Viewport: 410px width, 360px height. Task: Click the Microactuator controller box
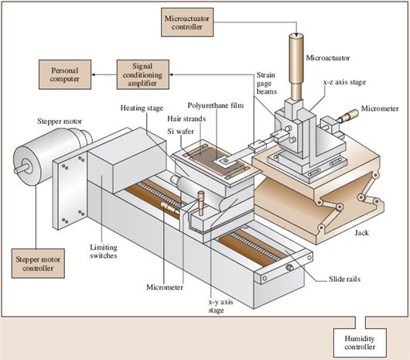(187, 22)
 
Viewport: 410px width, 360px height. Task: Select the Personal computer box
(65, 74)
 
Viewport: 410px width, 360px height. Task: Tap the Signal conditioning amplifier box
(143, 74)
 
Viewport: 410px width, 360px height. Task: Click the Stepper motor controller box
(38, 263)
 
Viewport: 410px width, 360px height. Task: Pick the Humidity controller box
(360, 343)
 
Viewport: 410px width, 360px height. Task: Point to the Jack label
(361, 232)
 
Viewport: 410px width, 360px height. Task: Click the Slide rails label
(344, 279)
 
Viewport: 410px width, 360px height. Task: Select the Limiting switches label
(104, 252)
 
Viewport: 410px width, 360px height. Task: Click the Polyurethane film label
(216, 105)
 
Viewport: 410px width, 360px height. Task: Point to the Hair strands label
(186, 118)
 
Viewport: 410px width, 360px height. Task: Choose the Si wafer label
(181, 132)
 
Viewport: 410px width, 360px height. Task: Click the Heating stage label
(142, 108)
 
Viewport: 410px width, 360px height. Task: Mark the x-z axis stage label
(344, 82)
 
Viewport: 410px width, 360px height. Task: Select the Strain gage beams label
(266, 83)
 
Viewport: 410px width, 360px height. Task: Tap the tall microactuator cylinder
(296, 67)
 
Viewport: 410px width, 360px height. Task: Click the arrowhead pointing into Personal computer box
(93, 74)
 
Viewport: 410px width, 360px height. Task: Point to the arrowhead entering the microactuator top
(296, 36)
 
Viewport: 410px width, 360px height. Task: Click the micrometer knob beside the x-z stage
(348, 116)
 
